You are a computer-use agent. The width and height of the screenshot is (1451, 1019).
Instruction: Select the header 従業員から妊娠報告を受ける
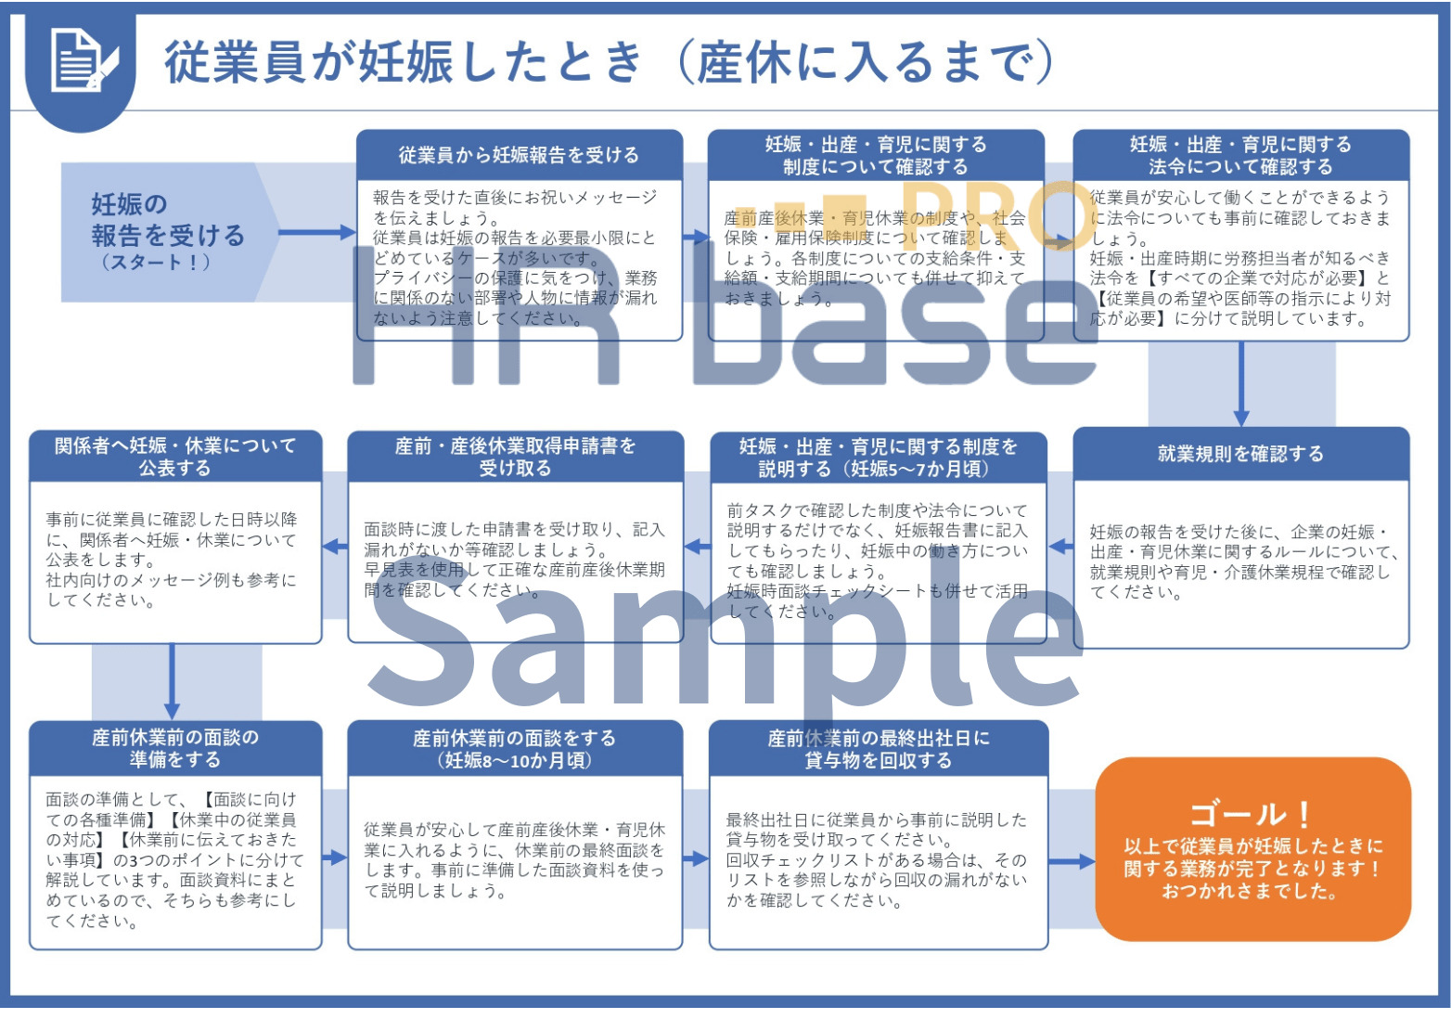(519, 155)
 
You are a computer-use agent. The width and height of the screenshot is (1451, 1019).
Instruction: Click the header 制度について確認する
(875, 155)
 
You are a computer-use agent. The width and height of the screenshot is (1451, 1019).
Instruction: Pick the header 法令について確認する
(1240, 155)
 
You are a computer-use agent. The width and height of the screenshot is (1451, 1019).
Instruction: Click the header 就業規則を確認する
(1240, 454)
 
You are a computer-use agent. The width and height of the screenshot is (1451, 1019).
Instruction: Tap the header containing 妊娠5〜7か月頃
(878, 458)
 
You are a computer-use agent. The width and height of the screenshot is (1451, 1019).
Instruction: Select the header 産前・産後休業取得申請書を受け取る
(515, 457)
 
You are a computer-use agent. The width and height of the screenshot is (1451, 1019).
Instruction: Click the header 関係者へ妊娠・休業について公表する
(175, 457)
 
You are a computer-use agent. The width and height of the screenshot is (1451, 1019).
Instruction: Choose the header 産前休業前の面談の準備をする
(175, 748)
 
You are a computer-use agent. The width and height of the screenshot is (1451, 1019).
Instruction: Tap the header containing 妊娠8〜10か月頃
(515, 749)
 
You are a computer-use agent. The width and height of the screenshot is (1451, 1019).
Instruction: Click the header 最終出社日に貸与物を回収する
(879, 749)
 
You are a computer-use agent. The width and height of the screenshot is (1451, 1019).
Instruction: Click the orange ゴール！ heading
(1252, 814)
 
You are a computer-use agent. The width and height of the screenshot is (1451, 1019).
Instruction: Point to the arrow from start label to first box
(315, 232)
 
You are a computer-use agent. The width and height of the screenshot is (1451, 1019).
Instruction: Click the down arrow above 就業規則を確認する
(1241, 385)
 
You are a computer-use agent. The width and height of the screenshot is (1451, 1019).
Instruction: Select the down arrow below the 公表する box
(172, 682)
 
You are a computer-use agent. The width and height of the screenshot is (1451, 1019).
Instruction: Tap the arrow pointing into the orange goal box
(1072, 861)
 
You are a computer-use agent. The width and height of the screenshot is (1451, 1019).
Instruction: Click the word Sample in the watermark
(724, 640)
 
